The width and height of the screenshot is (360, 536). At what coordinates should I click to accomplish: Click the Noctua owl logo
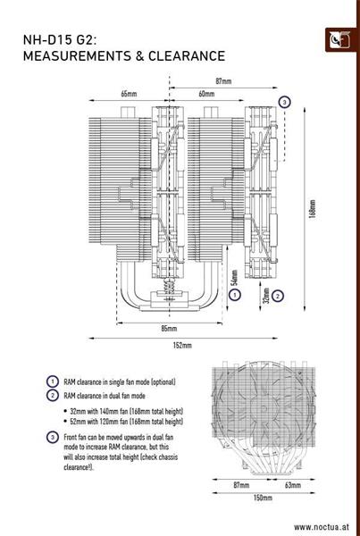(339, 40)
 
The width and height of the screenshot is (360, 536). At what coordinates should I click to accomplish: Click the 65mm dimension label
(129, 94)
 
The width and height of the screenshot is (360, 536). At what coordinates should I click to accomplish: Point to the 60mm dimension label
(206, 94)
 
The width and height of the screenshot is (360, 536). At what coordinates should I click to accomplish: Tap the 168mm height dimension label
(313, 209)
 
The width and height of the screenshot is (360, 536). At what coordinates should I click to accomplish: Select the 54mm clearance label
(234, 278)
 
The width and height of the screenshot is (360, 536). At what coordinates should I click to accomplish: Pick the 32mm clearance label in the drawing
(267, 295)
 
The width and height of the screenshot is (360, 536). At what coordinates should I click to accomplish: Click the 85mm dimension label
(169, 329)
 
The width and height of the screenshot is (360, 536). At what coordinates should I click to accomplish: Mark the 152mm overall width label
(183, 346)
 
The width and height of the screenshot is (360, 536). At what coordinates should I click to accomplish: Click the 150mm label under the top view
(263, 498)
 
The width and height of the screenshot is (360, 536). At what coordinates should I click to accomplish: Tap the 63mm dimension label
(293, 485)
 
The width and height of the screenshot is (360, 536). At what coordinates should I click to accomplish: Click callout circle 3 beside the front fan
(284, 102)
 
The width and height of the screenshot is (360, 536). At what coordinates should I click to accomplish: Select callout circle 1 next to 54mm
(235, 295)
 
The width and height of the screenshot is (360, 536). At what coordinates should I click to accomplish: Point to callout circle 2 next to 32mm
(278, 296)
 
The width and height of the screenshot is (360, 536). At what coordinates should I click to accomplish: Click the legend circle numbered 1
(53, 381)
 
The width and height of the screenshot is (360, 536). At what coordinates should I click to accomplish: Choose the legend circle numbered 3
(53, 437)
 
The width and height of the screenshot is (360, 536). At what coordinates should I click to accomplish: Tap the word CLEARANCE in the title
(187, 55)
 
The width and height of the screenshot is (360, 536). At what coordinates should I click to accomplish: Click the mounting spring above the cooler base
(169, 284)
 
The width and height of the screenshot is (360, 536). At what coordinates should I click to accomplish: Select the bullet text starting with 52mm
(124, 422)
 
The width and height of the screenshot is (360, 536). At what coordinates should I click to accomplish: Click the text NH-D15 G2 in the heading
(60, 39)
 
